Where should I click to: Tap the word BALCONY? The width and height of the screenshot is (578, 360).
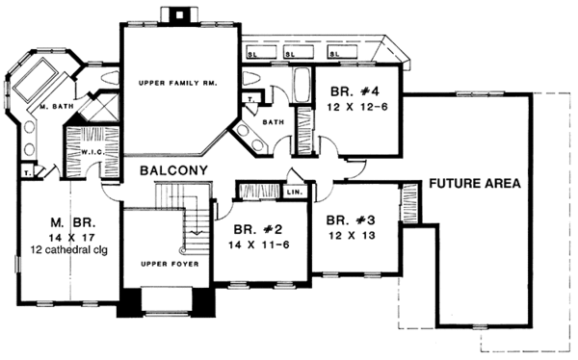coord(173,171)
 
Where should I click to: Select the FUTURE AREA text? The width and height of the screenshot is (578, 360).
coord(475,183)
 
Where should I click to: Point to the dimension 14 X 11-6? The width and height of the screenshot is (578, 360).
coord(251,246)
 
